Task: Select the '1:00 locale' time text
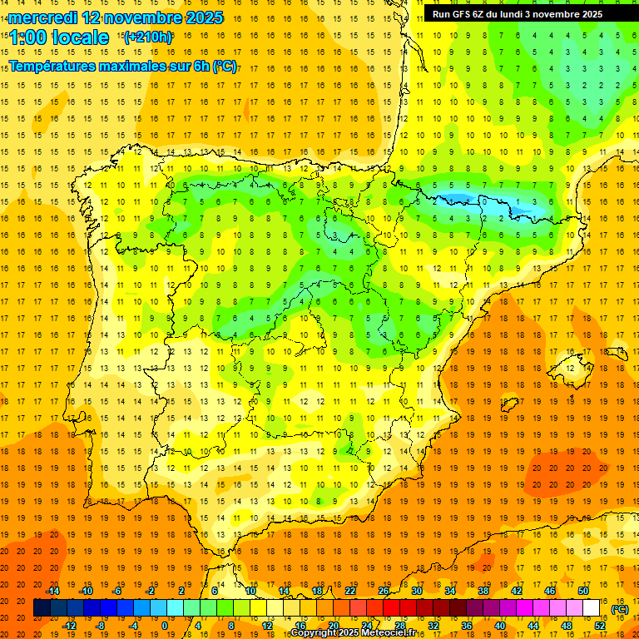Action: [59, 37]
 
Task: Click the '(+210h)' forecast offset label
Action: [147, 37]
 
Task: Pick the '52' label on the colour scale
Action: [601, 626]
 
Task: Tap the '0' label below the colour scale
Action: [165, 626]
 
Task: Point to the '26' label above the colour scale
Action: [384, 591]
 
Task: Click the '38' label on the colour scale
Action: [483, 591]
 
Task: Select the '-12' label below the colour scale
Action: [69, 626]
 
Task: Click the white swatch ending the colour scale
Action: [592, 608]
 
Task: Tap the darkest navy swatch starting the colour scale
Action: [42, 608]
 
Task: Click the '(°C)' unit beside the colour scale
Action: [620, 609]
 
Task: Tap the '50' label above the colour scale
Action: [583, 591]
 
